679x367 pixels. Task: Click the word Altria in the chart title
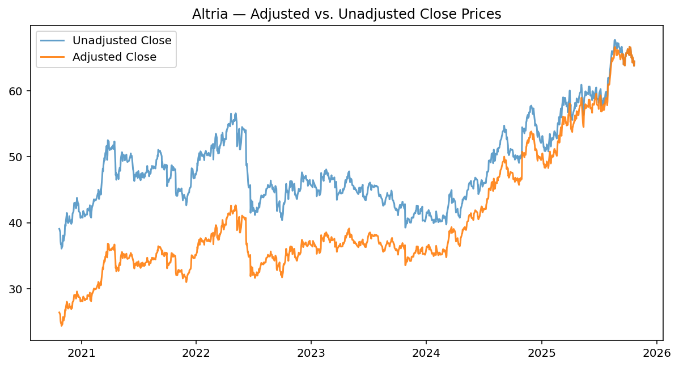point(210,14)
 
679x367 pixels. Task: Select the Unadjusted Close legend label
point(122,40)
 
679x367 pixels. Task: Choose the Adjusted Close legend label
point(114,57)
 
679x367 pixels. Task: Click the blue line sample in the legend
point(53,40)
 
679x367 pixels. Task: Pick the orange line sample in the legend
point(53,57)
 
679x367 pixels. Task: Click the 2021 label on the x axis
point(81,352)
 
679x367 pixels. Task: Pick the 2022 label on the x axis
point(196,352)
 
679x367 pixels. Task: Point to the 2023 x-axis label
point(311,352)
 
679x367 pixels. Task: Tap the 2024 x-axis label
point(426,352)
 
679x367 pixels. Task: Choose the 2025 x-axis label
point(541,352)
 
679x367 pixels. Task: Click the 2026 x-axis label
point(656,352)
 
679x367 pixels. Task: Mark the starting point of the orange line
point(59,312)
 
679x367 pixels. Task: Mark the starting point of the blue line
point(59,229)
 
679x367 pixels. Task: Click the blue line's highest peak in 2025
point(614,40)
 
